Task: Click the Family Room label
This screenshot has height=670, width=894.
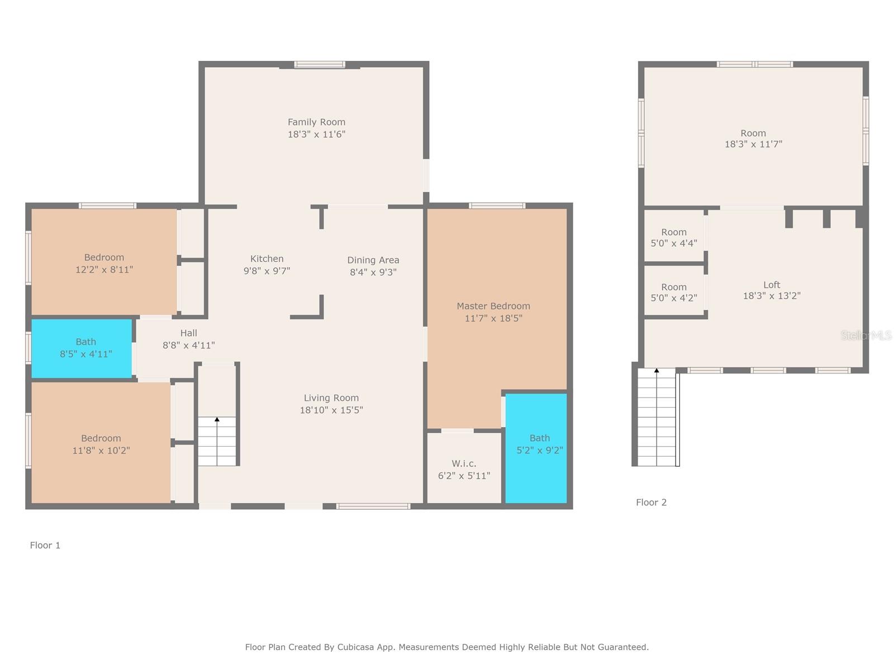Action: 316,122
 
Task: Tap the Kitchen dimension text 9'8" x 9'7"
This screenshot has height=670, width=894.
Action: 267,271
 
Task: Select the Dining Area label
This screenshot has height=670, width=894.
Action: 373,260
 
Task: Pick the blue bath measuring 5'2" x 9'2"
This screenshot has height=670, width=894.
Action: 536,447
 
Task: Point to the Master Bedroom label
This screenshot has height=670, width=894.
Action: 493,306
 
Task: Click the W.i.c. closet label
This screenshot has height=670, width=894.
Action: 464,463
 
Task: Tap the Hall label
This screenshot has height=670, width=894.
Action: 188,333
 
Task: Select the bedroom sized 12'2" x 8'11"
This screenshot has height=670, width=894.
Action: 104,262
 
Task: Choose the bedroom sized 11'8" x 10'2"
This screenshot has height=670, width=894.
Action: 101,444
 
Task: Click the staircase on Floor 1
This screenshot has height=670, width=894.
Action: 217,441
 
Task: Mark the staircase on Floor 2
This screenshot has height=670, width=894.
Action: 657,419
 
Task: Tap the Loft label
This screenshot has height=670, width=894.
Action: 772,285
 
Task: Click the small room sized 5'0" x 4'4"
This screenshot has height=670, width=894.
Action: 674,237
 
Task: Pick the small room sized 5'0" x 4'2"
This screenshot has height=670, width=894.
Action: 674,292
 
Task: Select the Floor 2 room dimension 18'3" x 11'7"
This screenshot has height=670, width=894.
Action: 753,144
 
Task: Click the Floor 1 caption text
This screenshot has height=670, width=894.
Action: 45,545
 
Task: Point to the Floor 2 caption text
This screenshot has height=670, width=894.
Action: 651,502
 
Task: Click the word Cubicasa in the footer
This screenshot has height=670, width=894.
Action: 356,647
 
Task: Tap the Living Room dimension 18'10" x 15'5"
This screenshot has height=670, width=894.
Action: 331,410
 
